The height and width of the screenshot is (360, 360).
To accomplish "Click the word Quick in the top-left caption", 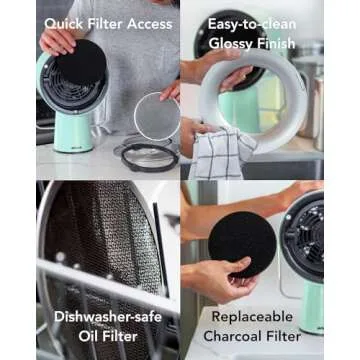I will pos(63,23).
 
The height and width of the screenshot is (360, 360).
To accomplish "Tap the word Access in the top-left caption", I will pos(147,23).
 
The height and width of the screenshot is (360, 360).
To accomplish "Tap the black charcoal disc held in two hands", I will pos(241,243).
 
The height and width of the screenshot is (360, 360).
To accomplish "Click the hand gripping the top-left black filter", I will pos(56,40).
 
